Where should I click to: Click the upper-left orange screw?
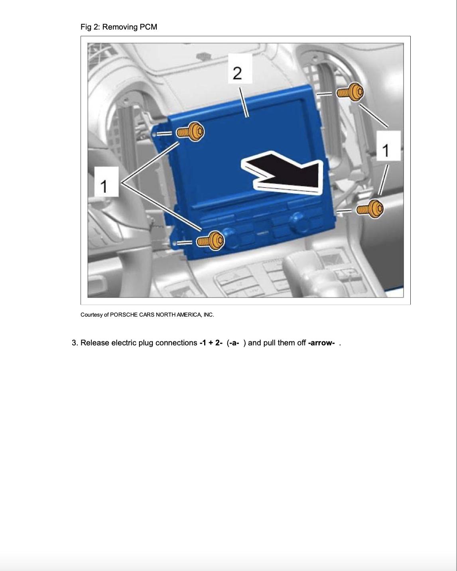click(191, 132)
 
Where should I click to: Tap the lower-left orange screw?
click(210, 240)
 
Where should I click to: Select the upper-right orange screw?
click(350, 92)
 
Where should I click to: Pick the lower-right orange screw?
click(370, 209)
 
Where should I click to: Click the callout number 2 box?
click(240, 69)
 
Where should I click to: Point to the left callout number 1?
click(106, 182)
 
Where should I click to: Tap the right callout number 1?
click(388, 146)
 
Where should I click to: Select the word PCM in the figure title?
click(148, 27)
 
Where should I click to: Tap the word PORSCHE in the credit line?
click(124, 315)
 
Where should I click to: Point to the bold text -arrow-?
click(321, 343)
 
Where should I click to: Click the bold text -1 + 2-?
click(211, 343)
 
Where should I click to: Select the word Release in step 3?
click(95, 343)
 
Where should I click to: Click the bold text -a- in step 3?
click(234, 343)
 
